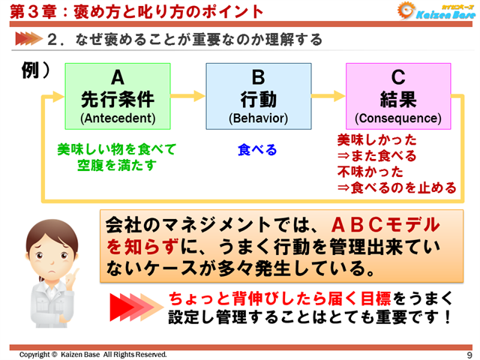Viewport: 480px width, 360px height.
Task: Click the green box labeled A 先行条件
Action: tap(118, 96)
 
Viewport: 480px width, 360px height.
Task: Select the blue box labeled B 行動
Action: tap(258, 96)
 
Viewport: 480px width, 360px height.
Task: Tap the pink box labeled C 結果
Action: tap(398, 96)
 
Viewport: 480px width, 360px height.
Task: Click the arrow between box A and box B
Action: tap(187, 97)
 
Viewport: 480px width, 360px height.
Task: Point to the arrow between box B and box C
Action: tap(328, 97)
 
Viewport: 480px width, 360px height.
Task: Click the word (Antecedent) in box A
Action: tap(118, 118)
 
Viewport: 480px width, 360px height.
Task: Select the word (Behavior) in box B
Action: tap(258, 118)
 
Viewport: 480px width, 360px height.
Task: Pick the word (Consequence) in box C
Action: tap(398, 118)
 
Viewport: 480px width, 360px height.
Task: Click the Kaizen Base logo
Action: tap(435, 12)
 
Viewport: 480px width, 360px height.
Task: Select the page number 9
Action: tap(469, 354)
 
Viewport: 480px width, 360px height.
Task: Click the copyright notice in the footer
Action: tap(94, 354)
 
